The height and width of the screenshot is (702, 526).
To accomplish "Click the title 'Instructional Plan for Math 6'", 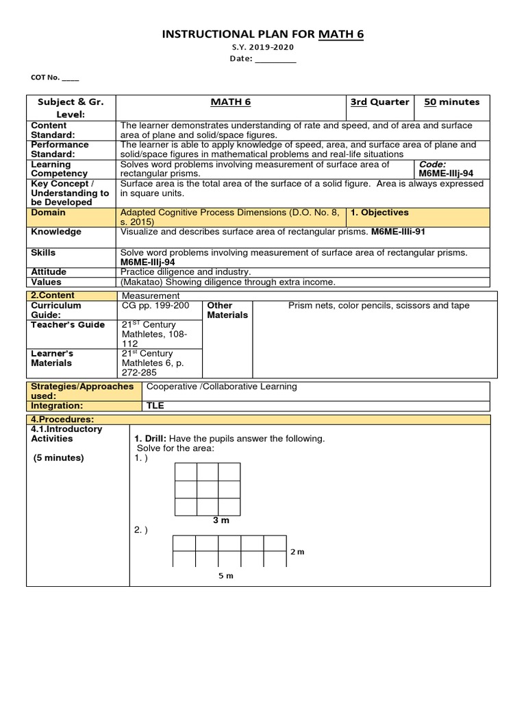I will pos(263,34).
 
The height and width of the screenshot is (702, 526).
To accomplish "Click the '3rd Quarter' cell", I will pos(379,102).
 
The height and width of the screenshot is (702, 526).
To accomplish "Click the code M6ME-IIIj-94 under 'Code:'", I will pos(446,174).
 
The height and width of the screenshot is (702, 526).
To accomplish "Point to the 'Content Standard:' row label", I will pos(49,130).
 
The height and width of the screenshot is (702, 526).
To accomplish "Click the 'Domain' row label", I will pos(49,213).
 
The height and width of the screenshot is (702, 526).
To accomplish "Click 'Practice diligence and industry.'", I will pos(186,272).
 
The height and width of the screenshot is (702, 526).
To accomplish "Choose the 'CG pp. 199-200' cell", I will pos(155,306).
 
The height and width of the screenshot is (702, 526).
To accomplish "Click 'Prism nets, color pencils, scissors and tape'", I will pos(379,306).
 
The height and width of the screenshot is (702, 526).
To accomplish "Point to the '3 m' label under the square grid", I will pos(221,521).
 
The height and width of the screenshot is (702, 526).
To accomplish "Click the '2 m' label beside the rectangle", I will pos(297,552).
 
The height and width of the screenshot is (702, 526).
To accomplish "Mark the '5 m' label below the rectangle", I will pos(226,576).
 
